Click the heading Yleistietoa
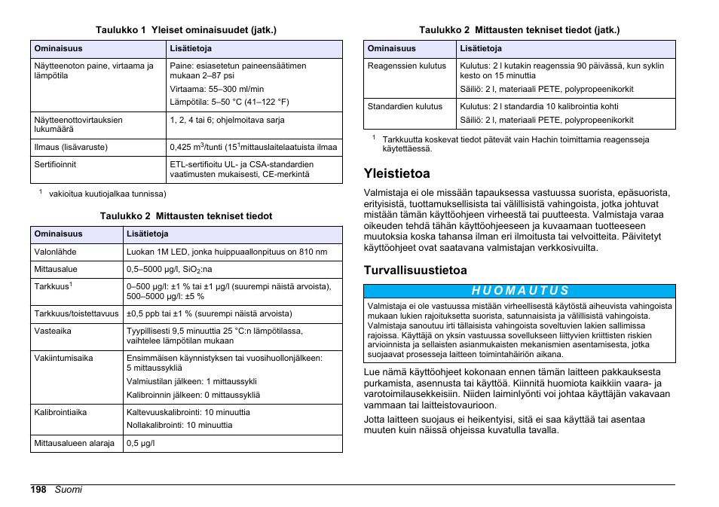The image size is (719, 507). [396, 173]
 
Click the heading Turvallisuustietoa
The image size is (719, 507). [415, 270]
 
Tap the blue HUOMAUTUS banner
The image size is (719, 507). [519, 291]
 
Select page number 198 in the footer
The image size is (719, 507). [38, 490]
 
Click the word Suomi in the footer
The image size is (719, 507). [68, 490]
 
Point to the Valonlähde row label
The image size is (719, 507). [55, 252]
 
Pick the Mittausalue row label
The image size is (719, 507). [56, 269]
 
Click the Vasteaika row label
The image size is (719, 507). [53, 331]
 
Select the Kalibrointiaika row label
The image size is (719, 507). [60, 412]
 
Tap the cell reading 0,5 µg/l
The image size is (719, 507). [140, 443]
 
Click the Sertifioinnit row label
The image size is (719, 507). [55, 164]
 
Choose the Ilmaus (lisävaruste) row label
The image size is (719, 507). [71, 147]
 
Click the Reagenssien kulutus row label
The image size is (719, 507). [407, 66]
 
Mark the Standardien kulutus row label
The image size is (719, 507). [405, 106]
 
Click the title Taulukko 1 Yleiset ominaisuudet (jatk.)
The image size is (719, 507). [186, 30]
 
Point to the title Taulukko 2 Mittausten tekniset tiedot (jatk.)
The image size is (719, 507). [519, 30]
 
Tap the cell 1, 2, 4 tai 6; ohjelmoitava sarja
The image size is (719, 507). [227, 120]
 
